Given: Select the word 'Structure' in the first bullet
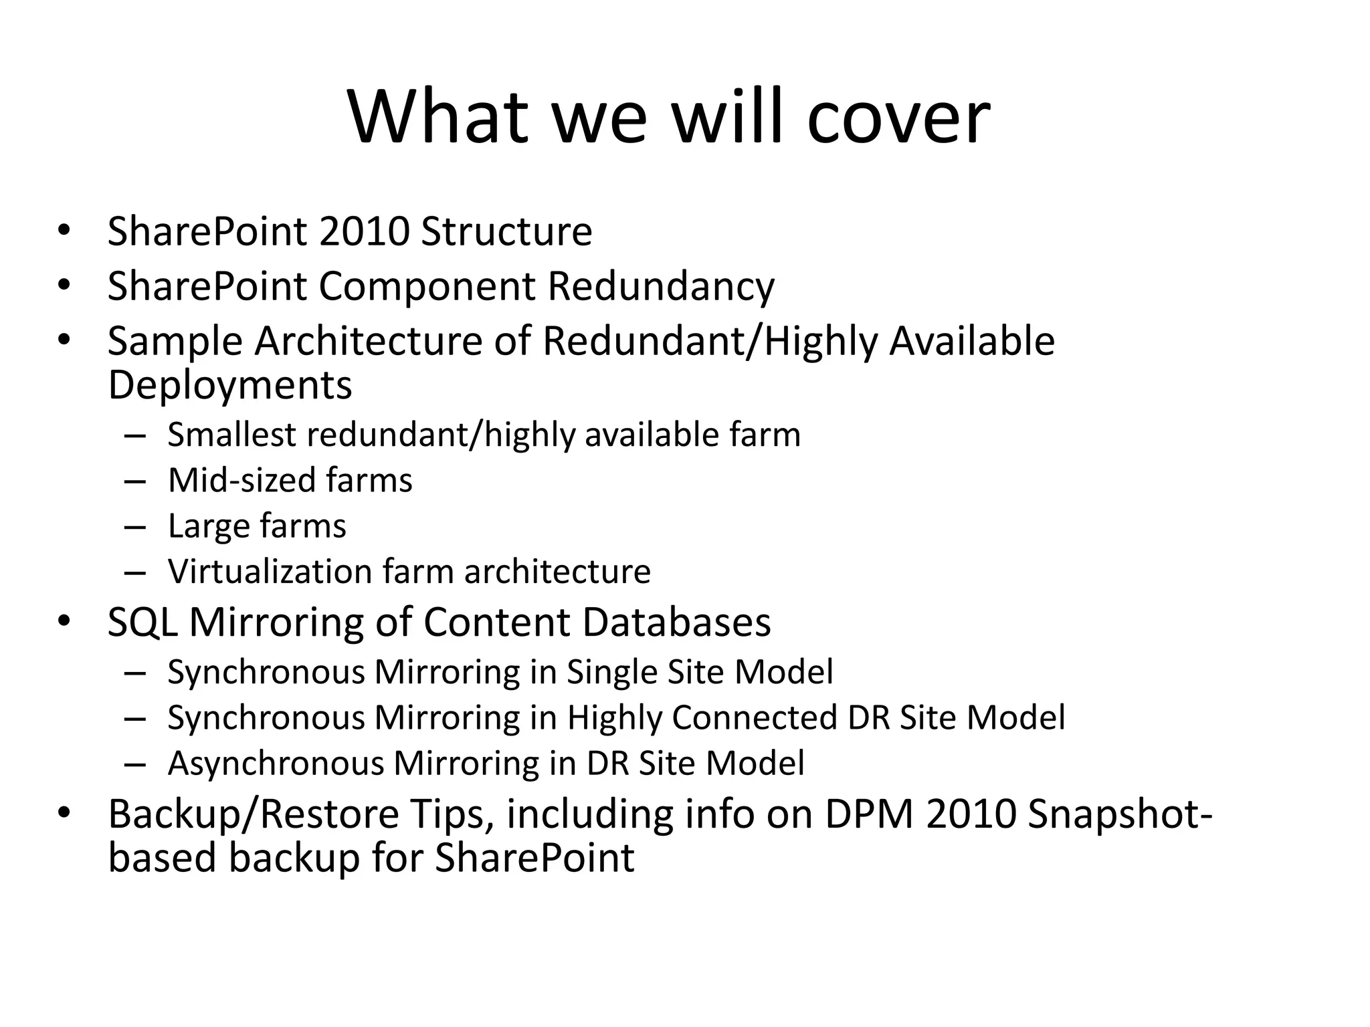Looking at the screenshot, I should [x=506, y=231].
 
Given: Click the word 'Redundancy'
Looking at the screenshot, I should [x=661, y=286].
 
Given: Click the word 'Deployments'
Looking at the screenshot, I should [x=229, y=385].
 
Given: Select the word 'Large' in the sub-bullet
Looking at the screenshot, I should [x=207, y=526].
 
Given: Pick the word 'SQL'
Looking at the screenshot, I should [x=142, y=622].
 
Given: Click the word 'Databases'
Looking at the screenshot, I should [x=676, y=622].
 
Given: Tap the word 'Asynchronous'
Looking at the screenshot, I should [x=276, y=763].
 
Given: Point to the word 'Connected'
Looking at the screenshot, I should [x=754, y=717].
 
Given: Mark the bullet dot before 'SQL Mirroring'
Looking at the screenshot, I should [x=64, y=620].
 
